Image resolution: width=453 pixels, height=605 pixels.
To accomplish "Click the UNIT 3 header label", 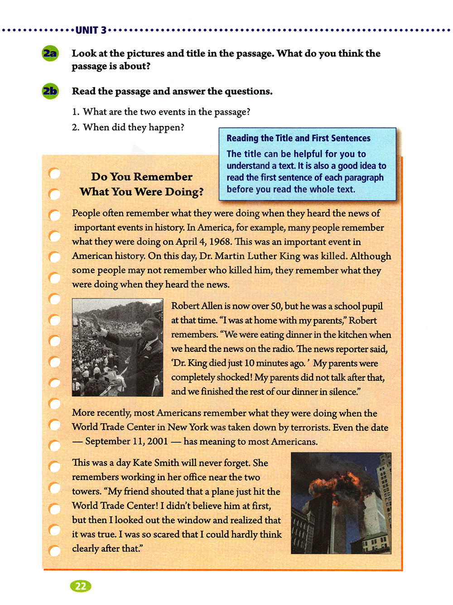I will point(91,30).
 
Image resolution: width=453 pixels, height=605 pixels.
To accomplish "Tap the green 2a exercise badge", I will point(50,53).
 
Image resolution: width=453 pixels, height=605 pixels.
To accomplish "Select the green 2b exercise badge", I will point(50,91).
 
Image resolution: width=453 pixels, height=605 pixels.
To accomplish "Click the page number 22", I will point(81,586).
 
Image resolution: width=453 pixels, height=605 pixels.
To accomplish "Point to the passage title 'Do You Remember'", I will point(141,177).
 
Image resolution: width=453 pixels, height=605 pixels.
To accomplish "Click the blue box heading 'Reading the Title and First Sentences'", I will point(298,138).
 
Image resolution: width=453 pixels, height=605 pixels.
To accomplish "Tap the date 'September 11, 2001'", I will point(126,442).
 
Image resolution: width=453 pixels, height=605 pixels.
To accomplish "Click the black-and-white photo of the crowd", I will point(117,347).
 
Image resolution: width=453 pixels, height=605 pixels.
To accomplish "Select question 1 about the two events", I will point(161,112).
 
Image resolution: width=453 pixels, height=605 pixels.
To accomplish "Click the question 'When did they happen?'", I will point(133,127).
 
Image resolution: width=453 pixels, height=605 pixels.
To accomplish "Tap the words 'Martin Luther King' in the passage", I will point(257,256).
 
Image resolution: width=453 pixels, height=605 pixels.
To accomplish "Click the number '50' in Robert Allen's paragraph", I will point(275,306).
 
